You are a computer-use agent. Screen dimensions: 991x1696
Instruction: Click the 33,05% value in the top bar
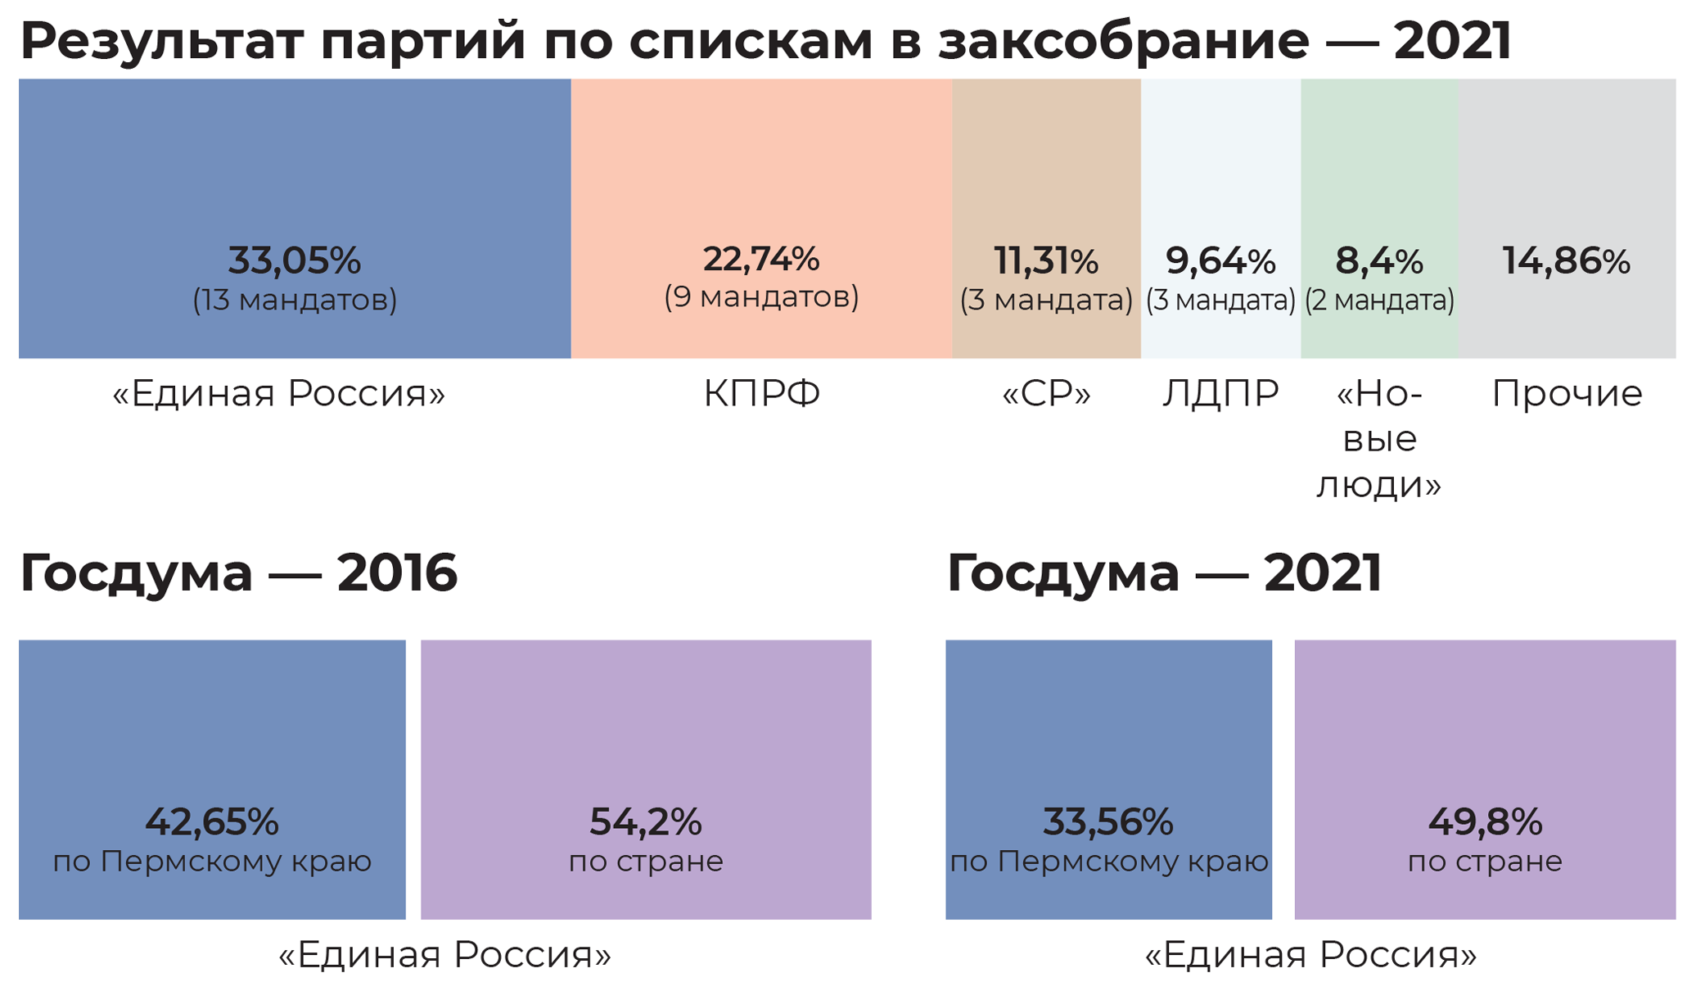(x=294, y=260)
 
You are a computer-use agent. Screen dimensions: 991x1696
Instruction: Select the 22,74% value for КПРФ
(x=760, y=259)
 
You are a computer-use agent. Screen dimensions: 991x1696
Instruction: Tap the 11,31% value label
(x=1046, y=261)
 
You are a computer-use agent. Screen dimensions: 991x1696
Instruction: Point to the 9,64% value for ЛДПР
(x=1220, y=261)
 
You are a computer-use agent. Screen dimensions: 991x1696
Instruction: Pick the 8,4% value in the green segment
(x=1379, y=261)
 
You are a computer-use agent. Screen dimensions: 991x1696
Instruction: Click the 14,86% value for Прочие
(x=1566, y=261)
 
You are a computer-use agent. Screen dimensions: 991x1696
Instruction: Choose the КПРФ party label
(x=761, y=394)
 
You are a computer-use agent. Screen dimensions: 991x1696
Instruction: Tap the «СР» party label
(x=1046, y=394)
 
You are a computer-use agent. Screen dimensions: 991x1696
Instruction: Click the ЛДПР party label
(x=1220, y=394)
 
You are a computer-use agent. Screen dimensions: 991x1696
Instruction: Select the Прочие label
(x=1567, y=394)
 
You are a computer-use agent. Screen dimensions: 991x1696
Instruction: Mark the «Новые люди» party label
(x=1379, y=440)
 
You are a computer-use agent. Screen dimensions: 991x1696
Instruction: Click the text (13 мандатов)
(x=295, y=301)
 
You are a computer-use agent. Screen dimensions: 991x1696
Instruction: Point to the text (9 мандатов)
(x=761, y=297)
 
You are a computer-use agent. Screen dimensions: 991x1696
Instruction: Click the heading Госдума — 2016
(x=238, y=572)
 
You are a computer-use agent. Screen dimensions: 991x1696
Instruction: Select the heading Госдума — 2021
(x=1164, y=572)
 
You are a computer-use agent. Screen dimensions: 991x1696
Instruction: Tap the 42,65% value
(x=212, y=821)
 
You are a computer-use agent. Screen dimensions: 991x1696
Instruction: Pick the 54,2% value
(x=646, y=821)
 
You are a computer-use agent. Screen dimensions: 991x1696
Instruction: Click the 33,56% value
(x=1108, y=821)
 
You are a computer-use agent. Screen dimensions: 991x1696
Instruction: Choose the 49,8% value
(x=1485, y=821)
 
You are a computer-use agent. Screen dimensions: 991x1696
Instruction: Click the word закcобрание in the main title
(x=1123, y=41)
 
